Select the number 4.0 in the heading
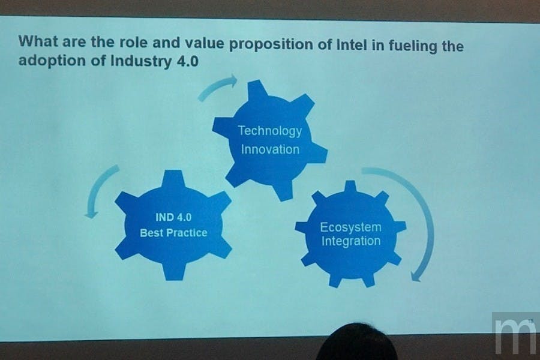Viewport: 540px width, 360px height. point(187,61)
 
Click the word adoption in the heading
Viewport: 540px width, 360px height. point(52,61)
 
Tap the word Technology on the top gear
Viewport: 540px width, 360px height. point(270,131)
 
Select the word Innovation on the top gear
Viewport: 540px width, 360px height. point(271,149)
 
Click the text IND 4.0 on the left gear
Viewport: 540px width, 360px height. point(173,217)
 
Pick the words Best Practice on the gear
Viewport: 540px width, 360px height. point(173,233)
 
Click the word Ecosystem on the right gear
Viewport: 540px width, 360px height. point(350,227)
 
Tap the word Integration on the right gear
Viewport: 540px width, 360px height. point(351,241)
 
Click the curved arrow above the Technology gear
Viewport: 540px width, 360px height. point(217,87)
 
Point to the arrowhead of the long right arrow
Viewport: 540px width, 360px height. point(416,275)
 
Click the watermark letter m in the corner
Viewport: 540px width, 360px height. point(514,335)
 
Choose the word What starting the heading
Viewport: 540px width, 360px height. point(38,41)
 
